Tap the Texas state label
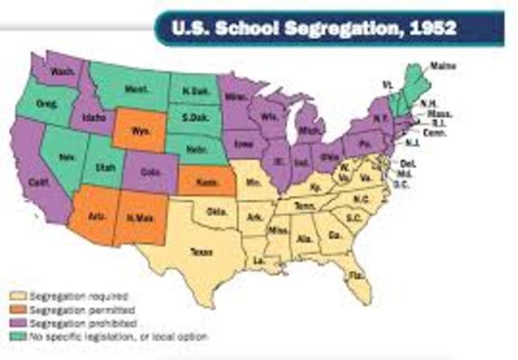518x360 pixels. pyautogui.click(x=200, y=252)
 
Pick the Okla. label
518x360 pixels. pyautogui.click(x=216, y=213)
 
